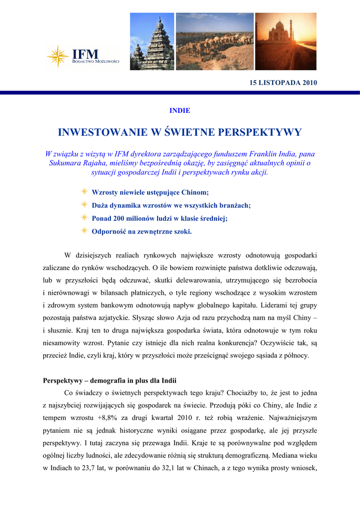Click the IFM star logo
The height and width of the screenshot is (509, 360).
click(58, 56)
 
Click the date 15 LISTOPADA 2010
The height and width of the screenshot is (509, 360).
click(283, 82)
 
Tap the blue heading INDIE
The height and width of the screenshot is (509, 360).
click(180, 110)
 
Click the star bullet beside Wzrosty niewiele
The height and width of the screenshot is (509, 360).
click(85, 192)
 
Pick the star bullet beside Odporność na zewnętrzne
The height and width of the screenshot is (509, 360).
click(85, 231)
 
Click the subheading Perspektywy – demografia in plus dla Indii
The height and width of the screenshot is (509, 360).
click(110, 381)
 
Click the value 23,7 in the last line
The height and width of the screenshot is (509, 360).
click(87, 468)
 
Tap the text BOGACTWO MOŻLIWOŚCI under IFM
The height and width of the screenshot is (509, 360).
click(96, 61)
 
